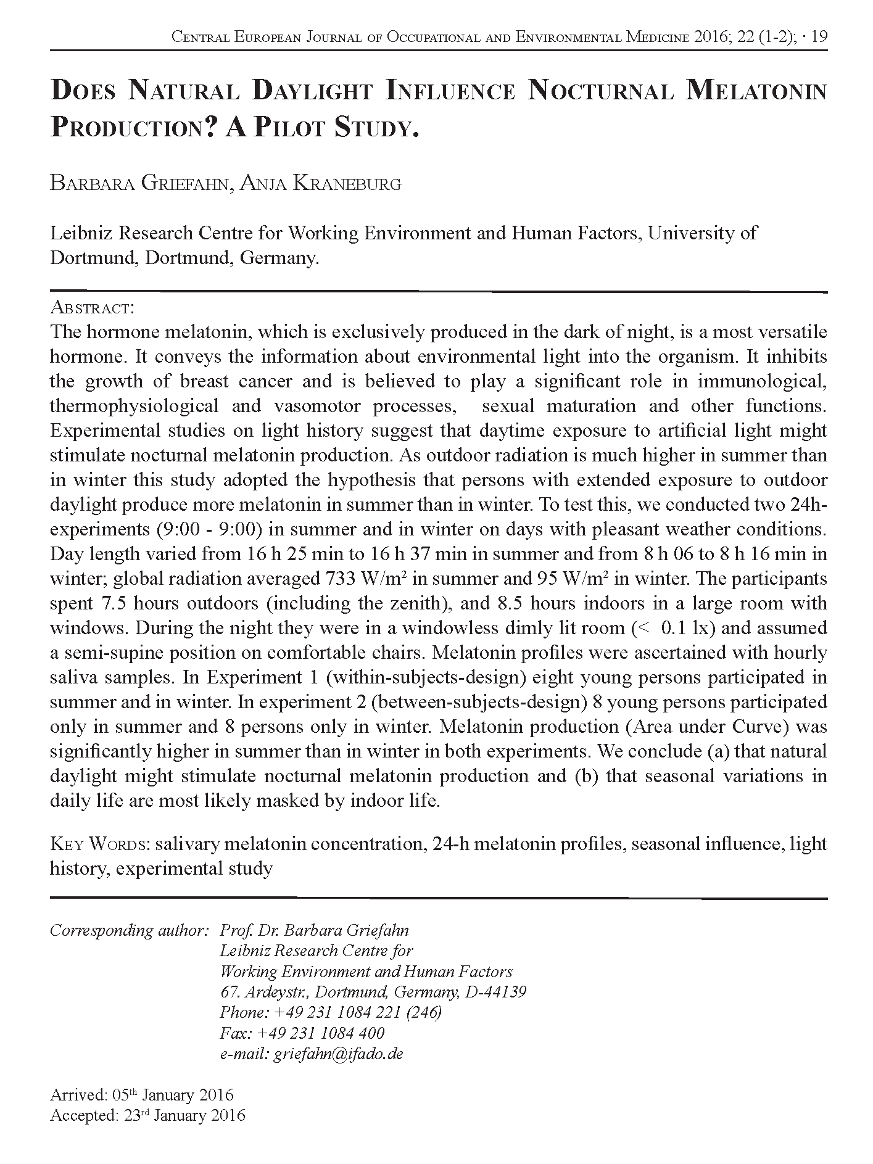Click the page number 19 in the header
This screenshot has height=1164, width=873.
coord(820,37)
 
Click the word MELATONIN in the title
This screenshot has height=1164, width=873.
coord(756,91)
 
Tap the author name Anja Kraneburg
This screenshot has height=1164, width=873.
coord(320,184)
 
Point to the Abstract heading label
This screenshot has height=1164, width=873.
coord(92,307)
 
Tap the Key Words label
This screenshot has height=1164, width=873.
coord(100,843)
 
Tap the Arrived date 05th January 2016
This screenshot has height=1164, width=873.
coord(173,1095)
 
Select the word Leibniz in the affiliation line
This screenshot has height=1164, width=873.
coord(81,233)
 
